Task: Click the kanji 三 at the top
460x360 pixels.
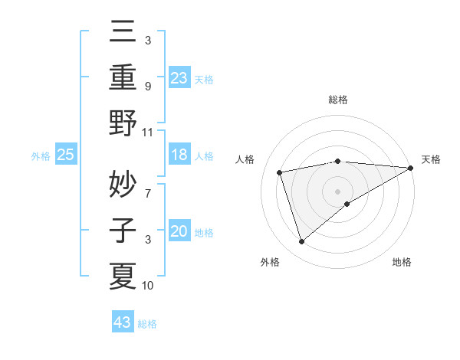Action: (x=123, y=33)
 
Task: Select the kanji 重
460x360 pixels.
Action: (x=123, y=77)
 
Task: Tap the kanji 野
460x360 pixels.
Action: (x=123, y=123)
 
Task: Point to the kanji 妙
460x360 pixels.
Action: (x=123, y=183)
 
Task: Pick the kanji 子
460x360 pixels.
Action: (x=123, y=230)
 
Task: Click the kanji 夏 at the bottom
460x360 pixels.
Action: (x=123, y=275)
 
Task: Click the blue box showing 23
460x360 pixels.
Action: (x=179, y=77)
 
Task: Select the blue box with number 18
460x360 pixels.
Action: (x=179, y=155)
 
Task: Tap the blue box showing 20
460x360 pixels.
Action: (x=179, y=232)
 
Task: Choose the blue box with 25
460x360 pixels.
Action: (x=66, y=155)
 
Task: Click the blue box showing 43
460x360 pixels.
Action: (x=123, y=322)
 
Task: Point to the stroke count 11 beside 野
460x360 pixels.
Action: (x=148, y=133)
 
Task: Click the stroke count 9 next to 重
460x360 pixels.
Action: (x=148, y=86)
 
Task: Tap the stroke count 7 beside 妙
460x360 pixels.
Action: (x=148, y=186)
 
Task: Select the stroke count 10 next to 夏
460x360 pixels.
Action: (x=148, y=286)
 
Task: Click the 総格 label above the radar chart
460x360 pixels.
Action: (x=338, y=100)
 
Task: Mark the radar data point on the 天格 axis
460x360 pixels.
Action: (x=411, y=168)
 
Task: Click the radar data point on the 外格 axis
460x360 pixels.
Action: (x=301, y=242)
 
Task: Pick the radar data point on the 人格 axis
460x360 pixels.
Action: (x=280, y=172)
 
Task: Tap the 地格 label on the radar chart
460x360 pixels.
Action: (x=402, y=263)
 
